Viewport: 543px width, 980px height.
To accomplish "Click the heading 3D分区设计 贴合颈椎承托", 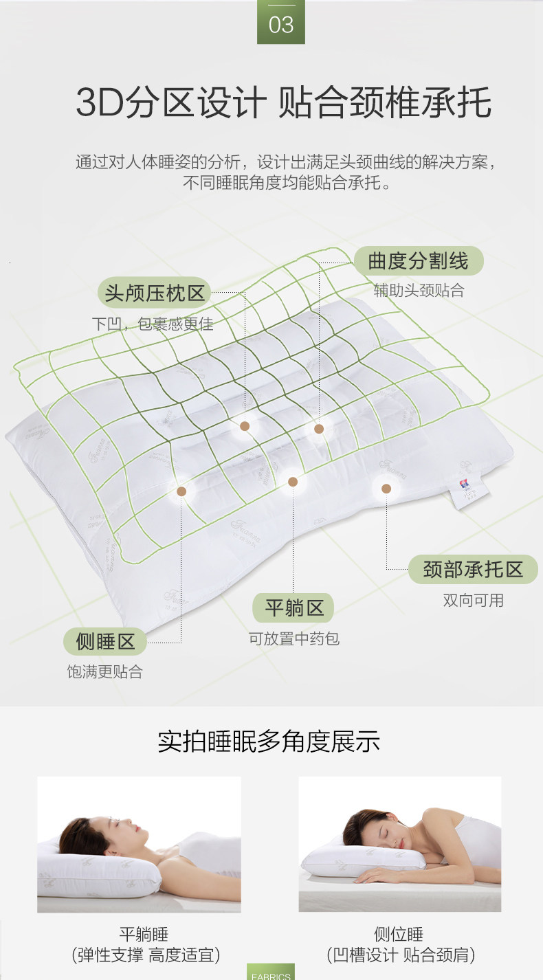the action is [283, 103].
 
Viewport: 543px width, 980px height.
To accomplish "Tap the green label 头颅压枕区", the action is [155, 293].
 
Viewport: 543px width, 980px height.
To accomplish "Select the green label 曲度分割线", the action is [418, 261].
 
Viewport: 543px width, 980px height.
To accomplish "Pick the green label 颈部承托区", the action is [473, 569].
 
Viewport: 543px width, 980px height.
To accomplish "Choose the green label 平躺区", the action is [294, 608].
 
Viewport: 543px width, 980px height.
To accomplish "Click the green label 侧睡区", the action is [106, 642].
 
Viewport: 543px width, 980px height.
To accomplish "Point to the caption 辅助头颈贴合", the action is [419, 291].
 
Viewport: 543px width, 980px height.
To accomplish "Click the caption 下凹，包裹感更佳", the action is [153, 324].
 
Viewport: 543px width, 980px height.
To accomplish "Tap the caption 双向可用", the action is [473, 601].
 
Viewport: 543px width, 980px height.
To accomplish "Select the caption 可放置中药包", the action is [294, 639].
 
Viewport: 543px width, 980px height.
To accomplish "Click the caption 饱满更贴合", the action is [105, 672].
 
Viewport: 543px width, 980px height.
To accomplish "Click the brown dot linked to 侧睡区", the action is [181, 491].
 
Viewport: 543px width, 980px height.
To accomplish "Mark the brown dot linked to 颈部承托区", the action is [386, 489].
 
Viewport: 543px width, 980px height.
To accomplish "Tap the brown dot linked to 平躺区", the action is [293, 482].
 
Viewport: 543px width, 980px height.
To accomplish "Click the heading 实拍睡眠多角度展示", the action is [269, 742].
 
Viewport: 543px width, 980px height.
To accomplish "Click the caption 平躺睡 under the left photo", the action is [144, 935].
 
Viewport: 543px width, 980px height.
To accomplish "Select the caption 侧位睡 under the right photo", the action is [399, 935].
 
